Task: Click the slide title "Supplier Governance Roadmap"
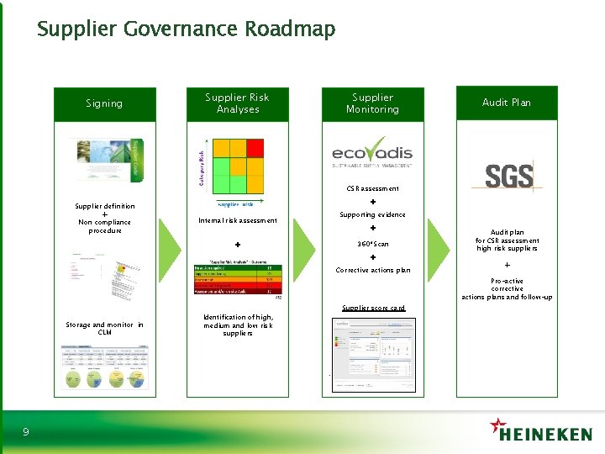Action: point(186,29)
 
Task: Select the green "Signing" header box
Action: point(104,103)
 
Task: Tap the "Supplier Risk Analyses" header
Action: point(238,103)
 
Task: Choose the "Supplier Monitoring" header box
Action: point(372,103)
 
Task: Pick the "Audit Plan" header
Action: point(507,103)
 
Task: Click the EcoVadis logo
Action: point(372,156)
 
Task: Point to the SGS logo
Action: point(508,176)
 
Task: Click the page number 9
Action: point(26,432)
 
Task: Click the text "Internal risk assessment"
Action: point(238,220)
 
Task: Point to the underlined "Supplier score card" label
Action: point(373,308)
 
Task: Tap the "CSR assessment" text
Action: point(373,188)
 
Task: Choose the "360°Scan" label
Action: point(373,244)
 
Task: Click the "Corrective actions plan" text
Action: point(373,270)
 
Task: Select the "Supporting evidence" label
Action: point(372,214)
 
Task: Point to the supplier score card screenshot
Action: point(373,353)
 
